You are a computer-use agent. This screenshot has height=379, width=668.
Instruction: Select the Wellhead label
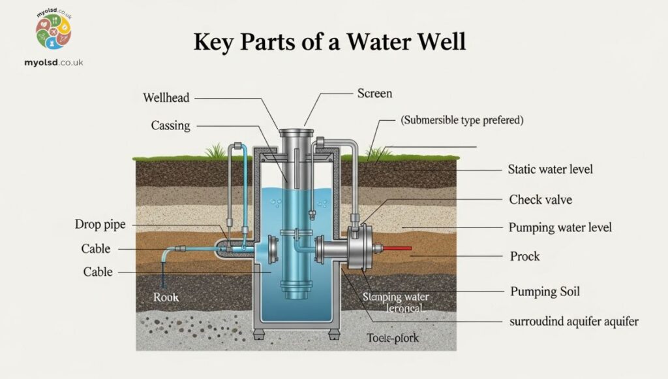pyautogui.click(x=166, y=98)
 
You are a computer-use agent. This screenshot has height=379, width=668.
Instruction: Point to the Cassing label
pyautogui.click(x=170, y=125)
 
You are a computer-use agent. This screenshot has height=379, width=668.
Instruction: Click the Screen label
pyautogui.click(x=374, y=93)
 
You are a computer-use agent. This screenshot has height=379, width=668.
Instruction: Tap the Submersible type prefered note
pyautogui.click(x=462, y=120)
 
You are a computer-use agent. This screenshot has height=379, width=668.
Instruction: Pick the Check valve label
pyautogui.click(x=540, y=199)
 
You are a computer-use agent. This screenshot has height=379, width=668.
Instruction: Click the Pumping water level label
pyautogui.click(x=560, y=227)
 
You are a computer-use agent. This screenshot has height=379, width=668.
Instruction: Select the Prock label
pyautogui.click(x=524, y=256)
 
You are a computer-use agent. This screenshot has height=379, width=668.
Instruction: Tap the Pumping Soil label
pyautogui.click(x=545, y=290)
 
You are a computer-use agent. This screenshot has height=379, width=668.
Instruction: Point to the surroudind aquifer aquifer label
pyautogui.click(x=574, y=321)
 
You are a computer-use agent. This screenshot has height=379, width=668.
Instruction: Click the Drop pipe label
pyautogui.click(x=100, y=225)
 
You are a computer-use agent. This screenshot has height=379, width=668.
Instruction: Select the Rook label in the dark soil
pyautogui.click(x=166, y=297)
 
